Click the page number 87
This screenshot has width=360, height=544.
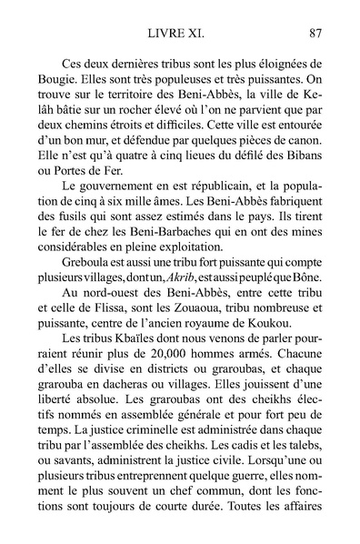tap(316, 35)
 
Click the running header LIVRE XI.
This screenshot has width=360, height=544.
tap(178, 35)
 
